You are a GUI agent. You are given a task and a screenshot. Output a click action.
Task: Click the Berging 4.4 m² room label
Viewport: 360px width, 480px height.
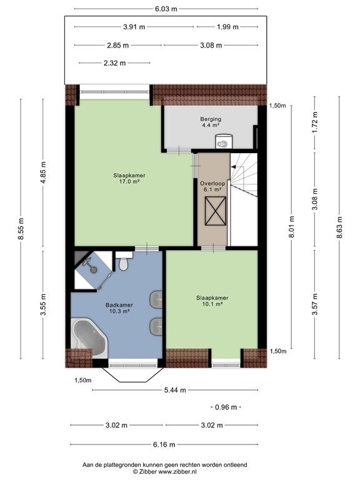click(x=211, y=122)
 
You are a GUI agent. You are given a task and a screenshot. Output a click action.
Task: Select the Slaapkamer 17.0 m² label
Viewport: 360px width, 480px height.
click(x=126, y=178)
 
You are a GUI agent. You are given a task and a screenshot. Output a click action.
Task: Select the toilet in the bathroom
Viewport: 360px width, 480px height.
click(x=124, y=262)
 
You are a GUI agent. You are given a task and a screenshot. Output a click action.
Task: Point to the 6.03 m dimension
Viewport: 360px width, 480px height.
click(x=166, y=9)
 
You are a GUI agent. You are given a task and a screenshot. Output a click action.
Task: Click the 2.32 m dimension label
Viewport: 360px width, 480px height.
click(x=114, y=63)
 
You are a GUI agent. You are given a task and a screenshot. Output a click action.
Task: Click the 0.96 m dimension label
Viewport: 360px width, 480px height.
click(x=226, y=407)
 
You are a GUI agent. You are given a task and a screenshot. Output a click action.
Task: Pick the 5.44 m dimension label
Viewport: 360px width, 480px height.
click(x=166, y=390)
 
